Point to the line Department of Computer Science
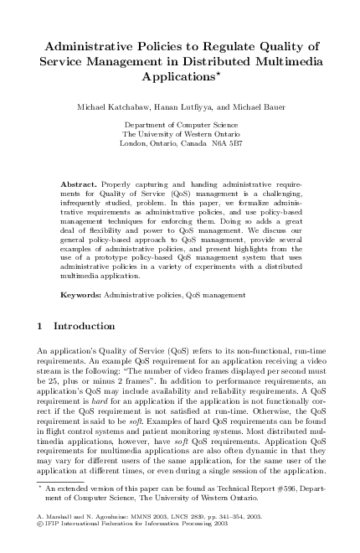tap(181, 124)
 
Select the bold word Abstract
tap(80, 183)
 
